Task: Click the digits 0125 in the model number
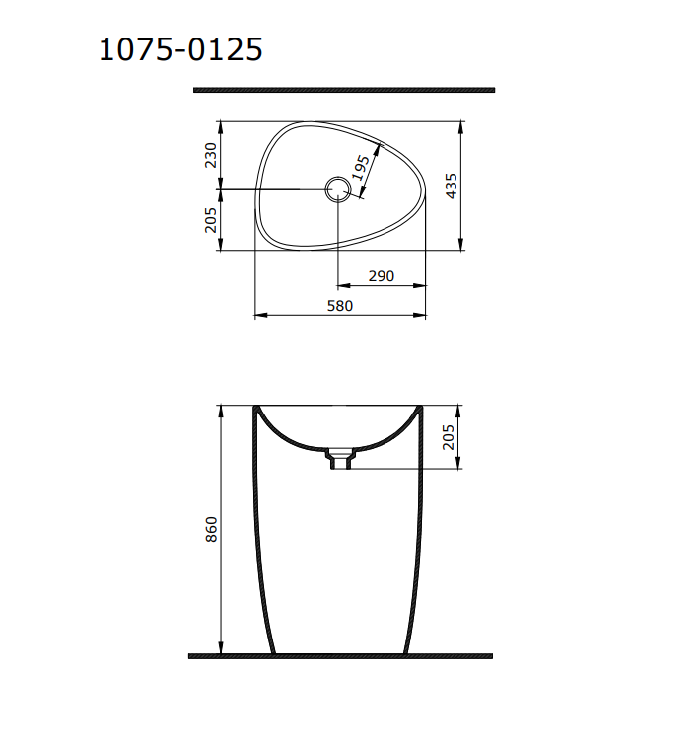point(225,49)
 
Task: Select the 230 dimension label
point(210,155)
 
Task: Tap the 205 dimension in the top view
point(210,219)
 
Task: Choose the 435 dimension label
point(451,186)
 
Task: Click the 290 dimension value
point(381,276)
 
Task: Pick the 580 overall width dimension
point(339,306)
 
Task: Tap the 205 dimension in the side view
point(451,437)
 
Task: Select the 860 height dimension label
point(210,529)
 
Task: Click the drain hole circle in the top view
point(338,188)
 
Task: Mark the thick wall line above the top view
point(343,90)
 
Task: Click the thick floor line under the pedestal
point(339,656)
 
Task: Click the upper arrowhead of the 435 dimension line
point(460,126)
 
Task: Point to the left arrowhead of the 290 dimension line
point(343,286)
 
